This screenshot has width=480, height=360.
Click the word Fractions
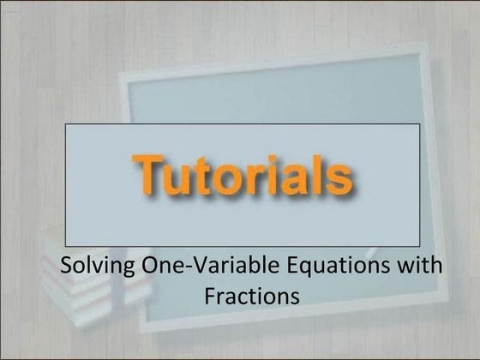point(253,297)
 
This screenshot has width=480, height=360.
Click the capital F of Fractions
point(210,297)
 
